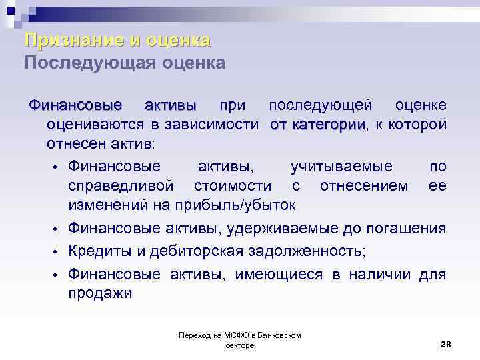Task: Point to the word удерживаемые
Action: coord(279,229)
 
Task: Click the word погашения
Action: coord(407,229)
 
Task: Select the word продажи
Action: coord(100,293)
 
